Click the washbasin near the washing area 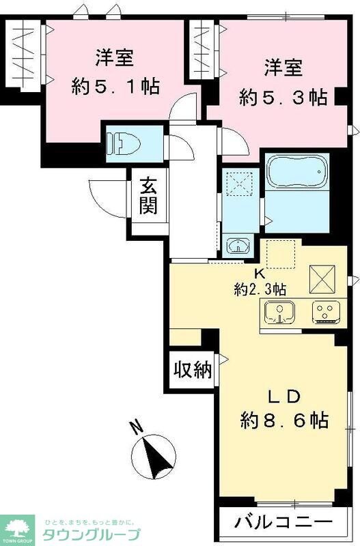click(237, 246)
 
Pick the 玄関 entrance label click(148, 197)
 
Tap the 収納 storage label click(191, 371)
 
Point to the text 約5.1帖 click(115, 87)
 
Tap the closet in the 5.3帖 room click(203, 51)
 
